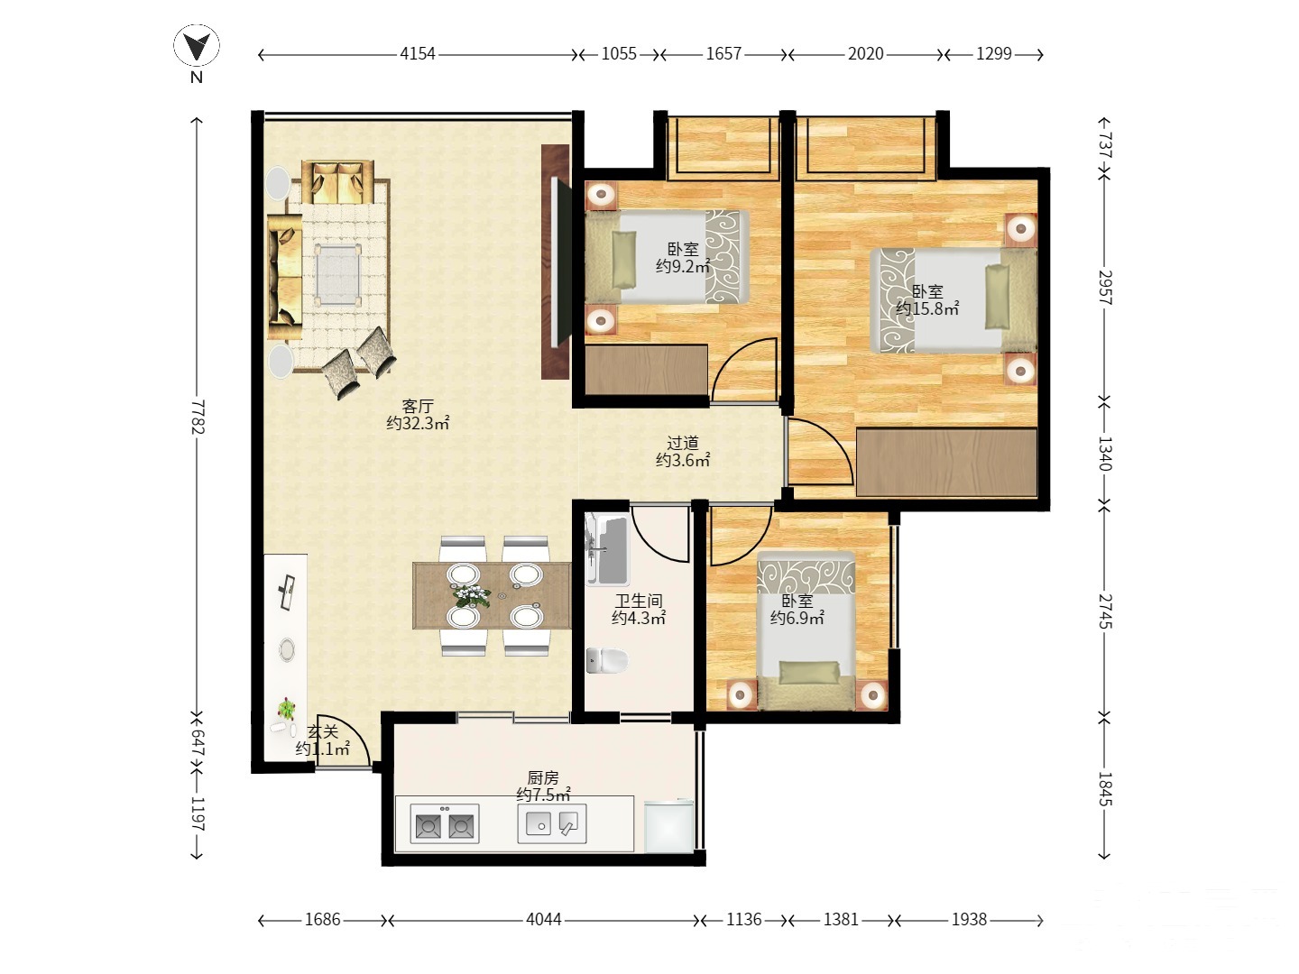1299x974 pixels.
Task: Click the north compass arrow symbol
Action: [x=197, y=46]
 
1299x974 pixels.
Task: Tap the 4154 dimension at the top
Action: [x=418, y=54]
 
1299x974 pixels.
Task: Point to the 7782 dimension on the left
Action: [x=198, y=417]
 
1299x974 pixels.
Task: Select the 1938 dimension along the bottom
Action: [x=969, y=920]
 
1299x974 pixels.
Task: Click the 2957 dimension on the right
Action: [x=1105, y=288]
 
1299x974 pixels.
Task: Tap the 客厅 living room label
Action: [x=418, y=406]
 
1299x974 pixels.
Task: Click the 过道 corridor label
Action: [x=683, y=443]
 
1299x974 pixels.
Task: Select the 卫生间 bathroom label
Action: [x=639, y=601]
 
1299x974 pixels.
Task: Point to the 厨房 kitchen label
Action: [x=543, y=777]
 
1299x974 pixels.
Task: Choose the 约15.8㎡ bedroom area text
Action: [x=927, y=308]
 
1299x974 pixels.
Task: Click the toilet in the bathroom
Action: [x=606, y=660]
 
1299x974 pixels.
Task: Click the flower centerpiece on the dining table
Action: [x=472, y=595]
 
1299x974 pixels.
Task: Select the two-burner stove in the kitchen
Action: [x=445, y=823]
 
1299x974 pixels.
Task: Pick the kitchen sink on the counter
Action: [x=552, y=823]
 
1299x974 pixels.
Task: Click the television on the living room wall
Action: [x=560, y=262]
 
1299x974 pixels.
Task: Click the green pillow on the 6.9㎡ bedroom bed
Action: [x=808, y=673]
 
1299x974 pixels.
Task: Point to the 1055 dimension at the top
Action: [x=619, y=54]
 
